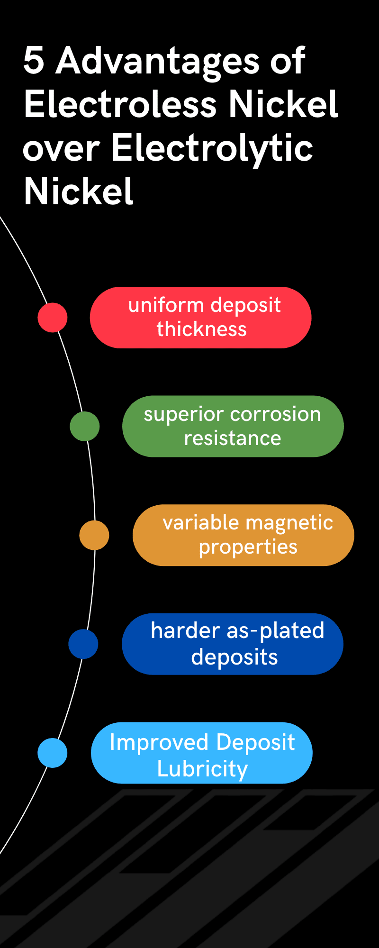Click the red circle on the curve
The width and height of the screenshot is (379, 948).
click(x=53, y=318)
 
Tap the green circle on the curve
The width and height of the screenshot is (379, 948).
click(x=85, y=427)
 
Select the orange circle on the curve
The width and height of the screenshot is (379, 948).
click(x=94, y=535)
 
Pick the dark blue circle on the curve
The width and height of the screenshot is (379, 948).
click(x=83, y=644)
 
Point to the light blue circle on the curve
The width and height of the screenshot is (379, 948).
click(x=53, y=753)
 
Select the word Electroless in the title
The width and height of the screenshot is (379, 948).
click(x=121, y=104)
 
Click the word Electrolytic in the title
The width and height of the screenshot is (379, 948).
click(x=212, y=148)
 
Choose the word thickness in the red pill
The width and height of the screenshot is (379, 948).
click(x=202, y=329)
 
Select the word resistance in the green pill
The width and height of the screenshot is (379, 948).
click(x=233, y=438)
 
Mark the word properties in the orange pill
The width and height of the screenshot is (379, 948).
click(x=248, y=547)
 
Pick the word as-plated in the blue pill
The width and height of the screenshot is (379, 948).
click(x=276, y=631)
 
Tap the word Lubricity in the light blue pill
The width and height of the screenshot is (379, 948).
click(x=202, y=769)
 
